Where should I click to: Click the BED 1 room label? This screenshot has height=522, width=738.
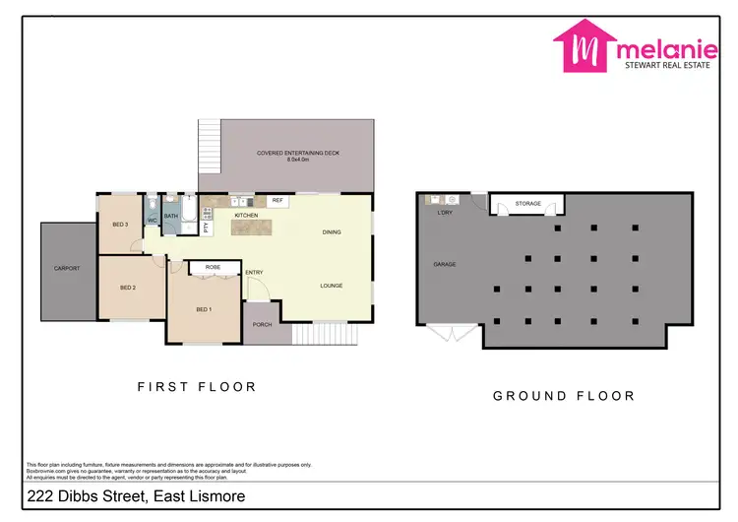coord(204,310)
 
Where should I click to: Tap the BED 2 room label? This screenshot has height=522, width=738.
coord(127,288)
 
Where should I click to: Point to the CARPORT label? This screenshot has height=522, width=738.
coord(67,268)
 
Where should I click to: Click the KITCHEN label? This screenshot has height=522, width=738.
coord(246,215)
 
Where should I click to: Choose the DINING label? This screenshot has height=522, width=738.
coord(332,232)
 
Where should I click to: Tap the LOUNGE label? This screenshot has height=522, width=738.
coord(331,286)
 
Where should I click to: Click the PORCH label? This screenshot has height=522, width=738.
coord(262,324)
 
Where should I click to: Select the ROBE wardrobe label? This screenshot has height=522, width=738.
coord(212,267)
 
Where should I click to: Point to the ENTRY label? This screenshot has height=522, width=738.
coord(254,273)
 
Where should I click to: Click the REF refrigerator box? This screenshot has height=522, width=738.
coord(277,200)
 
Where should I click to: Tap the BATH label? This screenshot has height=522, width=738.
coord(170,216)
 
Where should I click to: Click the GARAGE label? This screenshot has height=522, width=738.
coord(445,265)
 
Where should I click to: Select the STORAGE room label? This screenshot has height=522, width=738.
coord(528,204)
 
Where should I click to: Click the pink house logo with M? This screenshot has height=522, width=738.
coord(585,47)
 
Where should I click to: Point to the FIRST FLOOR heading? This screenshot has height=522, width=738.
coord(196,387)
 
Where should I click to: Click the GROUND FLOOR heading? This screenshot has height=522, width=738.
coord(563,396)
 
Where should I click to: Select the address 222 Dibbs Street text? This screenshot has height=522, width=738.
coord(134,497)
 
